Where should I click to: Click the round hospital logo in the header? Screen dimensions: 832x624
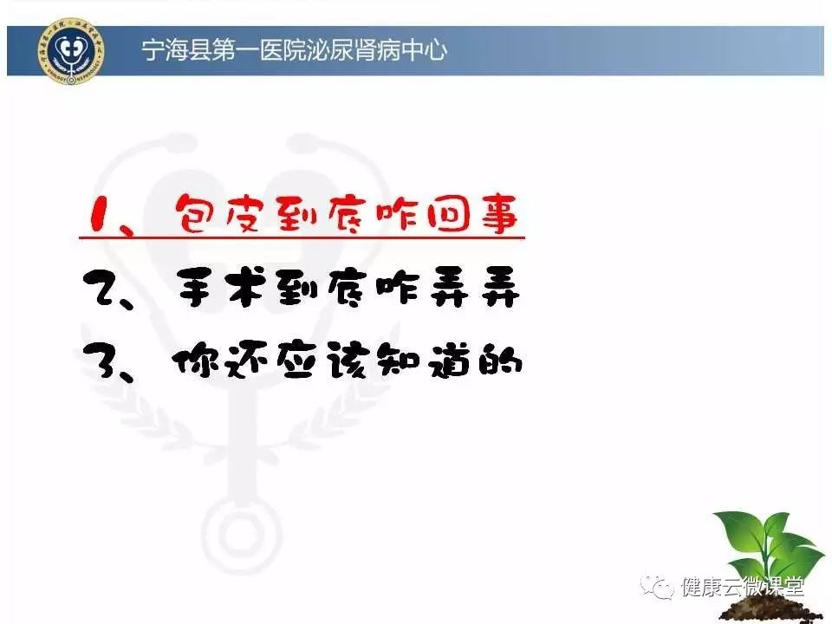click(71, 51)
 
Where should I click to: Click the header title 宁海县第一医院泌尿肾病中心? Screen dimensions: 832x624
click(295, 51)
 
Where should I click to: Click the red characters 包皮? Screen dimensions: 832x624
click(218, 213)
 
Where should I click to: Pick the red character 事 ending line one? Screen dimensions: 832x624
click(499, 214)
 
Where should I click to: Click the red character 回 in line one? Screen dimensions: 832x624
click(449, 214)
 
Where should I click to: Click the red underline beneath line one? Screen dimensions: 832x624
click(302, 237)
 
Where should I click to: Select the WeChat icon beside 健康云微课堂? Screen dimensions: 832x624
click(658, 586)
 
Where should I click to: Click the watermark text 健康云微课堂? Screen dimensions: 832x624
click(743, 587)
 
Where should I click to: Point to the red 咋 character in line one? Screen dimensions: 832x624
click(398, 213)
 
